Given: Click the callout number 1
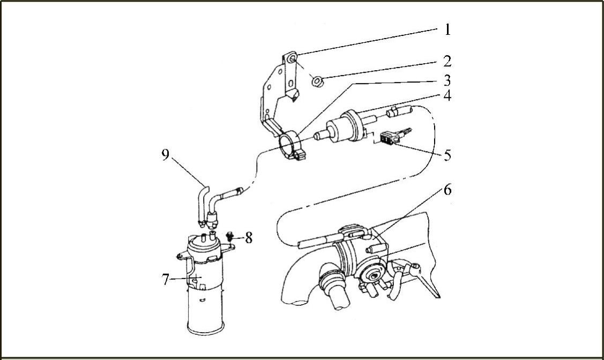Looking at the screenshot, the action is click(448, 29).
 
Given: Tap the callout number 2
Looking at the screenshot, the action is click(448, 61).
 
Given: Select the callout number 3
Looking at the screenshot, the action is click(448, 81).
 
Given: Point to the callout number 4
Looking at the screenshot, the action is click(448, 97).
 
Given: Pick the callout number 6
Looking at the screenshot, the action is click(448, 190).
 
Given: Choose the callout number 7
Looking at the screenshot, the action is click(166, 279).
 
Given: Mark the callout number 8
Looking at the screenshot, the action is click(249, 238).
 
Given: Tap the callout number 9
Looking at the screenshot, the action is click(165, 155).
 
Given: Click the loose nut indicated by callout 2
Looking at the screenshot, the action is click(316, 81).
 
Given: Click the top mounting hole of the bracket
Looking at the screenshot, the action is click(292, 58).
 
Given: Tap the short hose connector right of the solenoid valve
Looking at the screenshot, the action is click(398, 111).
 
